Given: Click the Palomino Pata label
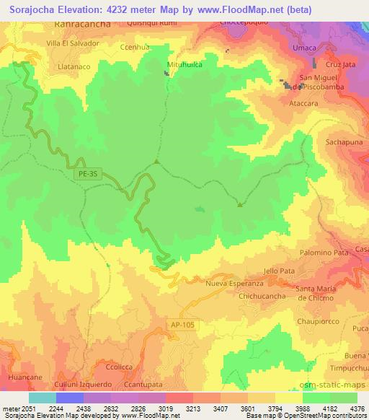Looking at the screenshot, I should coord(324,253).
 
